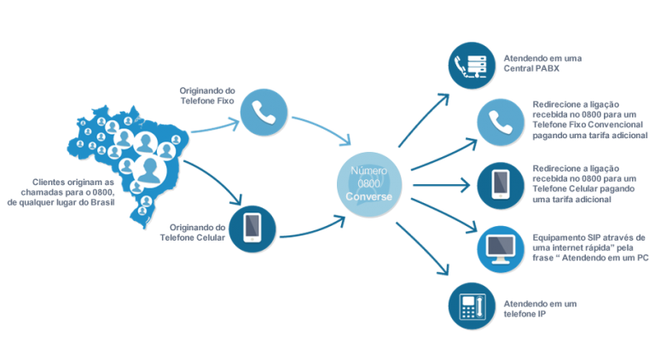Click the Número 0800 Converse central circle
(369, 184)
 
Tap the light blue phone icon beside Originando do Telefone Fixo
(264, 113)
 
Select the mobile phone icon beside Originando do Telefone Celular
(252, 229)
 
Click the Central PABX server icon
(472, 65)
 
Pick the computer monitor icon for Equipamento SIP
(501, 249)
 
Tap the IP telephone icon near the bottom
(472, 306)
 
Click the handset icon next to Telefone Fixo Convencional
(501, 122)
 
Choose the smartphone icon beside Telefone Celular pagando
(501, 185)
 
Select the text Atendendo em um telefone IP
(540, 309)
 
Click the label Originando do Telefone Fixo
(207, 96)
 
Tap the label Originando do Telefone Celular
(193, 233)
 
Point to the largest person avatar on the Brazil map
(149, 170)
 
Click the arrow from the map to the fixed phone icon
(215, 126)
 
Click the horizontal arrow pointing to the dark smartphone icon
(442, 185)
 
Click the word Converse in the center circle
(368, 197)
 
